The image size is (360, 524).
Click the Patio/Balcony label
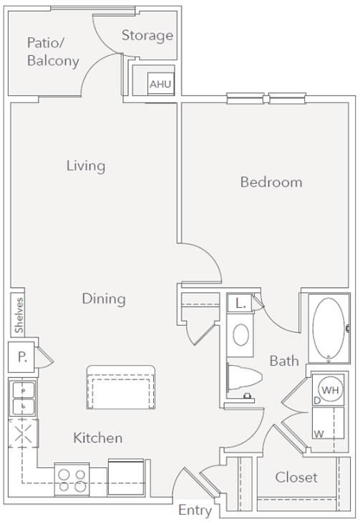(x=52, y=52)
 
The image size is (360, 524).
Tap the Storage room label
(x=147, y=35)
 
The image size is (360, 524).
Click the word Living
(x=86, y=166)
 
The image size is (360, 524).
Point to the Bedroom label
(x=271, y=182)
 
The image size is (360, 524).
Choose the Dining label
(x=103, y=299)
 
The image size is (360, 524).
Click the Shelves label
(x=19, y=315)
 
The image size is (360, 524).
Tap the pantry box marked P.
(x=21, y=356)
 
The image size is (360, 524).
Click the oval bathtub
(x=329, y=329)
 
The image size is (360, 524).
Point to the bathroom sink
(x=242, y=335)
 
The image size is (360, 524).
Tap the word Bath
(x=284, y=361)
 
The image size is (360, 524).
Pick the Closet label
(x=296, y=477)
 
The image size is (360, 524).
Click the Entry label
(x=195, y=510)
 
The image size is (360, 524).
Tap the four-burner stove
(x=72, y=480)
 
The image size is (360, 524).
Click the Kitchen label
(x=97, y=437)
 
